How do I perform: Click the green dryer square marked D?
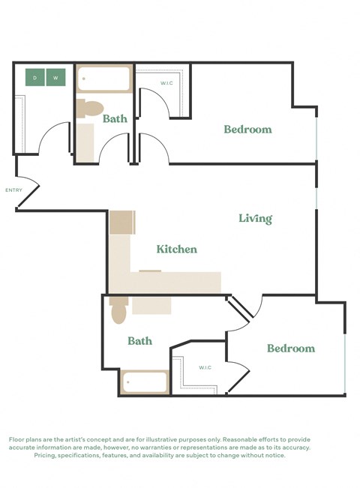pyautogui.click(x=35, y=77)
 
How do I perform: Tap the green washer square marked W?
pyautogui.click(x=55, y=77)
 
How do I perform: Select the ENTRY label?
pyautogui.click(x=13, y=190)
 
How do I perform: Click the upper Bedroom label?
pyautogui.click(x=247, y=130)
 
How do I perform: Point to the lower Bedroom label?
pyautogui.click(x=291, y=349)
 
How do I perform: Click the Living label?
pyautogui.click(x=255, y=219)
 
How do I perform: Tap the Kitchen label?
pyautogui.click(x=177, y=249)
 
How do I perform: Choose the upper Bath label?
pyautogui.click(x=115, y=118)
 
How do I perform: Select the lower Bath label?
pyautogui.click(x=139, y=341)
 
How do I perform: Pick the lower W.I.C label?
pyautogui.click(x=205, y=367)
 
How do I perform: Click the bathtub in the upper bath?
pyautogui.click(x=104, y=79)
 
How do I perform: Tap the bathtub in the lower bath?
pyautogui.click(x=145, y=382)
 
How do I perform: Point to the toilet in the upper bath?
pyautogui.click(x=90, y=108)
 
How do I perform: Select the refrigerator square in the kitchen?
pyautogui.click(x=121, y=223)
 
